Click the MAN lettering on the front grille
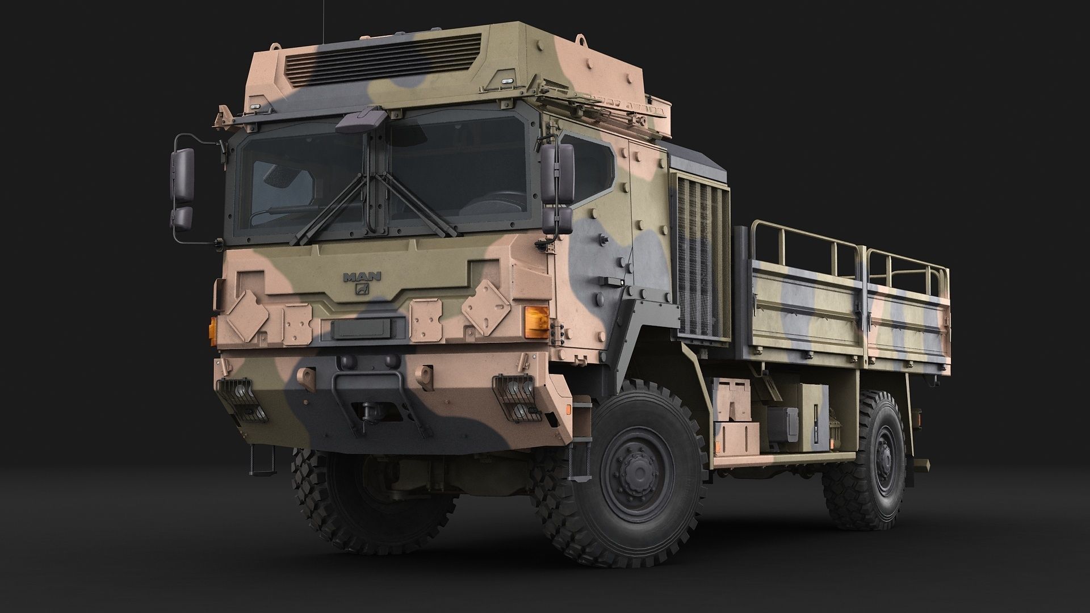point(362,277)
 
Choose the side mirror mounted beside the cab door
point(557,187)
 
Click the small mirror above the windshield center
point(361,119)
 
